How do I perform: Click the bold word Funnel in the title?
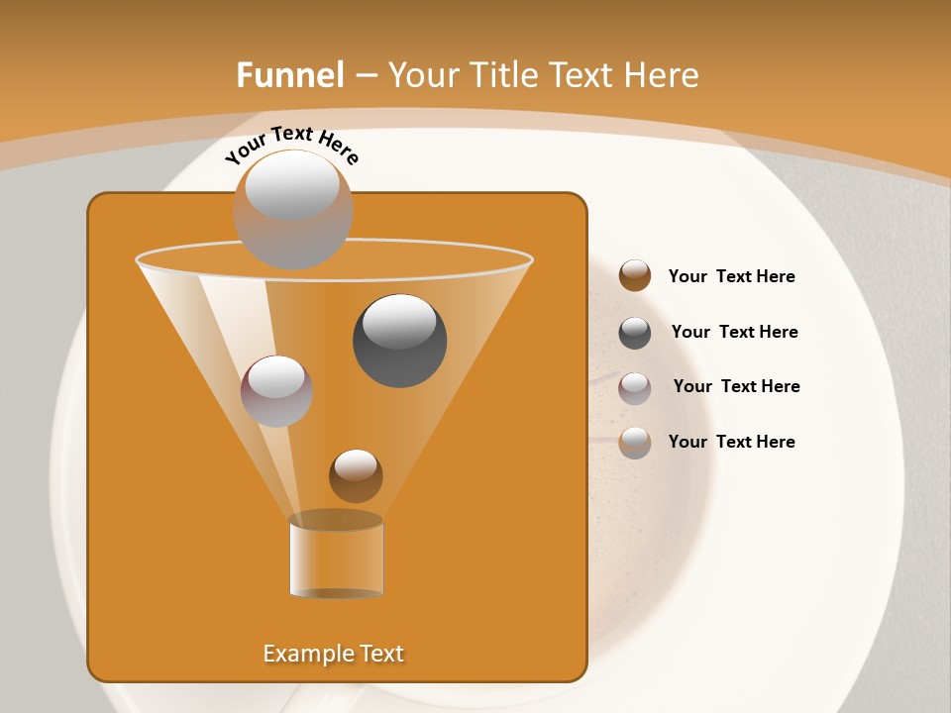pyautogui.click(x=290, y=75)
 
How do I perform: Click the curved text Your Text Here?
pyautogui.click(x=292, y=145)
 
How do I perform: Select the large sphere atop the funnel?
pyautogui.click(x=292, y=208)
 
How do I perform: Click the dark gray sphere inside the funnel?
pyautogui.click(x=399, y=340)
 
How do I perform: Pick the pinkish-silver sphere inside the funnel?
pyautogui.click(x=276, y=390)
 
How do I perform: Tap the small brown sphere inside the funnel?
pyautogui.click(x=356, y=475)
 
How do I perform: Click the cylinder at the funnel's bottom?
pyautogui.click(x=336, y=555)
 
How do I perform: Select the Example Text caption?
pyautogui.click(x=334, y=654)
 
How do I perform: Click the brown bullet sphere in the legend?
pyautogui.click(x=635, y=275)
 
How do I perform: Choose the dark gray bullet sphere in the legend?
pyautogui.click(x=635, y=333)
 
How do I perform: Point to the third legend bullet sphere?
pyautogui.click(x=635, y=388)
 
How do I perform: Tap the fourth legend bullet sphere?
pyautogui.click(x=635, y=443)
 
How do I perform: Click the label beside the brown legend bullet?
pyautogui.click(x=732, y=277)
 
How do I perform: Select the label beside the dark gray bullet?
pyautogui.click(x=735, y=332)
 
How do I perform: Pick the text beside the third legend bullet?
pyautogui.click(x=737, y=386)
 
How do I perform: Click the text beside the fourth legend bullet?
pyautogui.click(x=732, y=442)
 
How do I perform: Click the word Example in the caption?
pyautogui.click(x=304, y=654)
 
